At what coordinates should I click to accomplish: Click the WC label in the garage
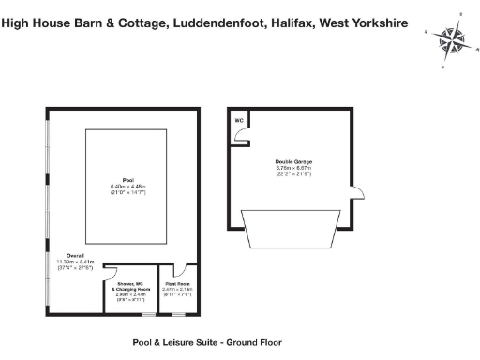click(238, 121)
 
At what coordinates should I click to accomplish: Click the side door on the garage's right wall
click(357, 192)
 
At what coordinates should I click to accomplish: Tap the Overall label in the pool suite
click(75, 255)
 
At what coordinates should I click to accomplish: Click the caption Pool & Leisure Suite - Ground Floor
click(205, 343)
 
